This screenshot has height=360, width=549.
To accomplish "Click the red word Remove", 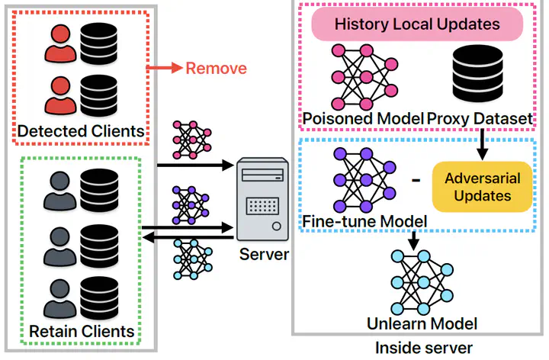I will point(217,68).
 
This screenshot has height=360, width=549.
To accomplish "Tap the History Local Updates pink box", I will point(417,24).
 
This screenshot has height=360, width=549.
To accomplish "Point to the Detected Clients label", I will point(81,130).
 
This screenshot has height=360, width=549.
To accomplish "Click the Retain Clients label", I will point(82,331).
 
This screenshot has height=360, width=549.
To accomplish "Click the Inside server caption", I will point(424,349).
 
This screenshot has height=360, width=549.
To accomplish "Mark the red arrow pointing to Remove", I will point(162,68).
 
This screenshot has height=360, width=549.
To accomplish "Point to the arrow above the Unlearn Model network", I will point(413,239).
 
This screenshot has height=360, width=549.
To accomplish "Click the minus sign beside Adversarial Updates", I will point(416,181).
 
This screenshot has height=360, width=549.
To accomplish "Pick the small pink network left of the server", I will point(188,137).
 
